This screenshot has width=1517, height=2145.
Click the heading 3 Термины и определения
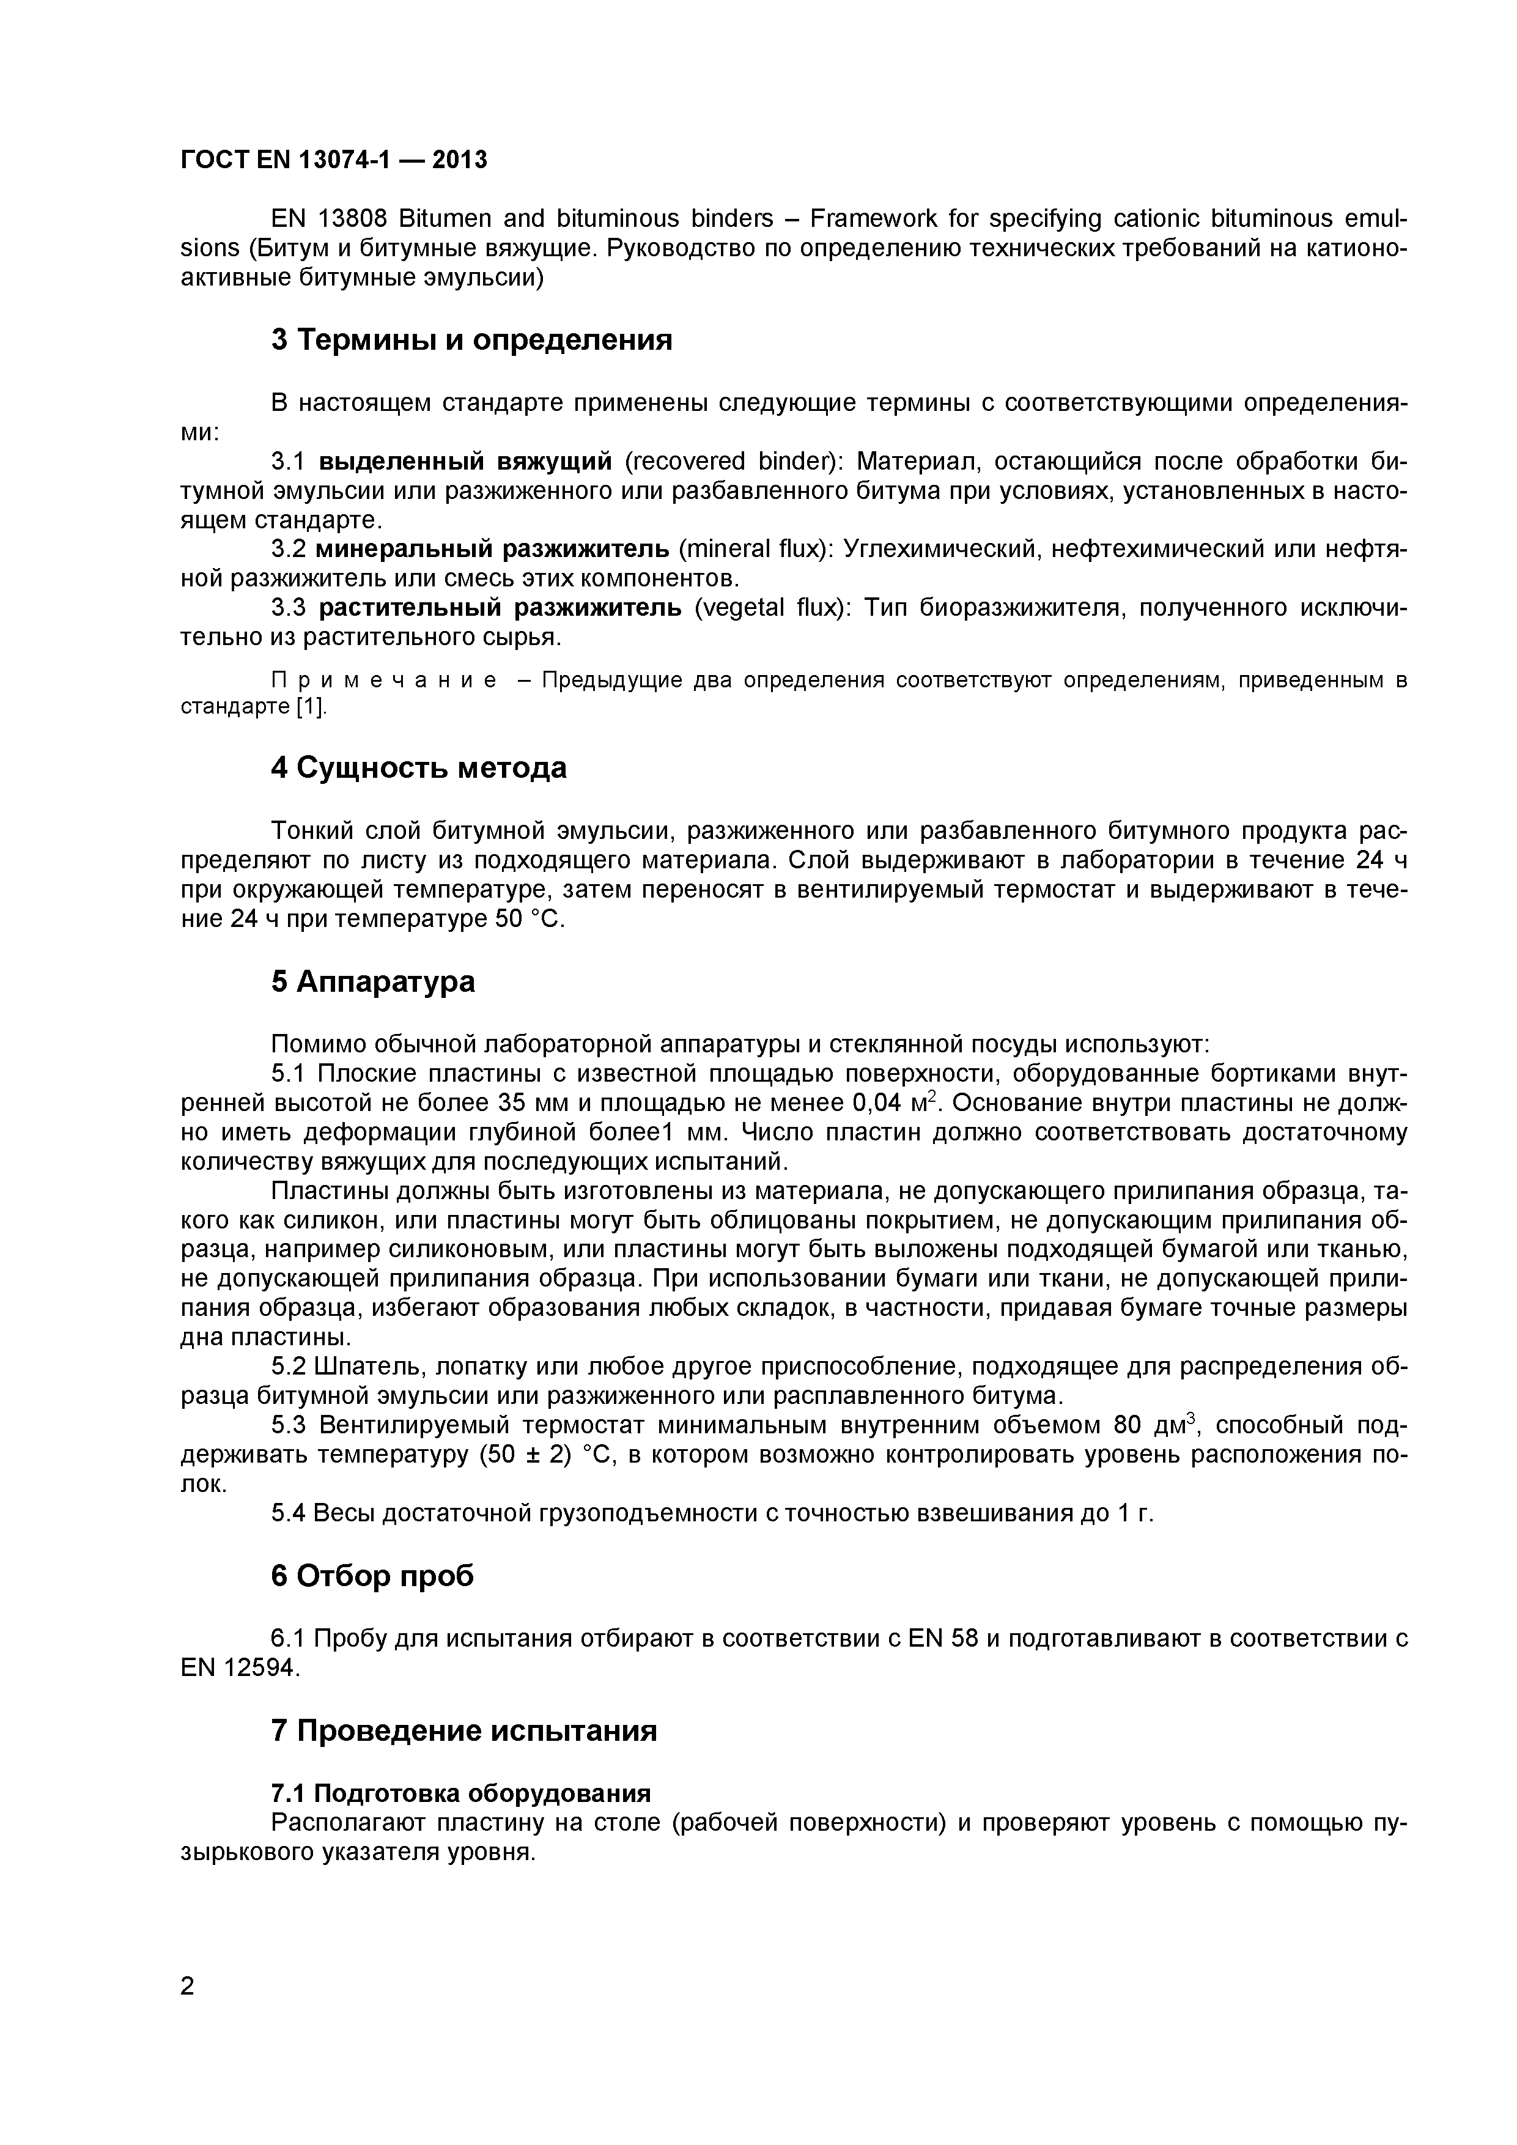[471, 340]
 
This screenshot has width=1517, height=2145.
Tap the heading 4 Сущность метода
[418, 768]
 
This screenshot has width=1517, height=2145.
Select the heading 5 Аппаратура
[373, 982]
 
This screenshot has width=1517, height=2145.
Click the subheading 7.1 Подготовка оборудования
[460, 1794]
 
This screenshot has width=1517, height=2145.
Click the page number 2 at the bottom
[188, 2012]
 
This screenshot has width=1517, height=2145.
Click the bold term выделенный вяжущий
[465, 462]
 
